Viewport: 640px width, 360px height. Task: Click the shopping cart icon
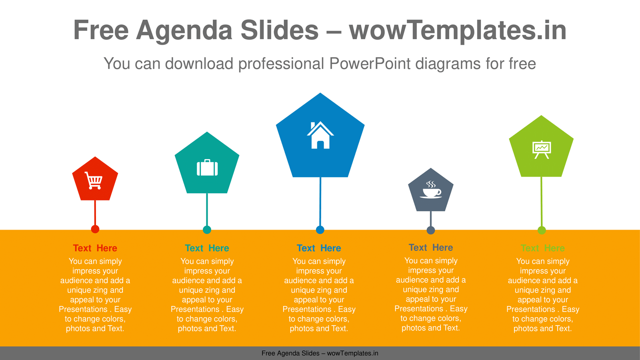tap(94, 180)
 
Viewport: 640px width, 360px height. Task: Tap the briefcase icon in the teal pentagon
tap(207, 168)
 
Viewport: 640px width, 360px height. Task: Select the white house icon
tap(320, 135)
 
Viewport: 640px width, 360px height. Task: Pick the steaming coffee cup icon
tap(431, 190)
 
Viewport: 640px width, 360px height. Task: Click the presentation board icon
tap(542, 150)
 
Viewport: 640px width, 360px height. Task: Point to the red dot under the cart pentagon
tap(95, 229)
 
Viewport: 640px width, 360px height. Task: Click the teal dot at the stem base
tap(207, 230)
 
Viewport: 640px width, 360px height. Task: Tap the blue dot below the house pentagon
tap(320, 230)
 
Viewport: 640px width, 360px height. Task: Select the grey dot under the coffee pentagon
tap(430, 230)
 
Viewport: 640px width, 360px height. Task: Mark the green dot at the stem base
tap(542, 230)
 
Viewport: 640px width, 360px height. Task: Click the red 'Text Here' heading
tap(95, 248)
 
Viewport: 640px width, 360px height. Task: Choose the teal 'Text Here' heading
tap(207, 248)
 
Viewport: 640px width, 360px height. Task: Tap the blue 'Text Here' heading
tap(319, 248)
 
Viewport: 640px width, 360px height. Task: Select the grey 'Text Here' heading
tap(430, 248)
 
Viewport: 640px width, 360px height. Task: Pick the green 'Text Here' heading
tap(542, 248)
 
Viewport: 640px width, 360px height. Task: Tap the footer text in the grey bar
tap(320, 354)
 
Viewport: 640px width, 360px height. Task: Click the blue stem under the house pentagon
tap(320, 202)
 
